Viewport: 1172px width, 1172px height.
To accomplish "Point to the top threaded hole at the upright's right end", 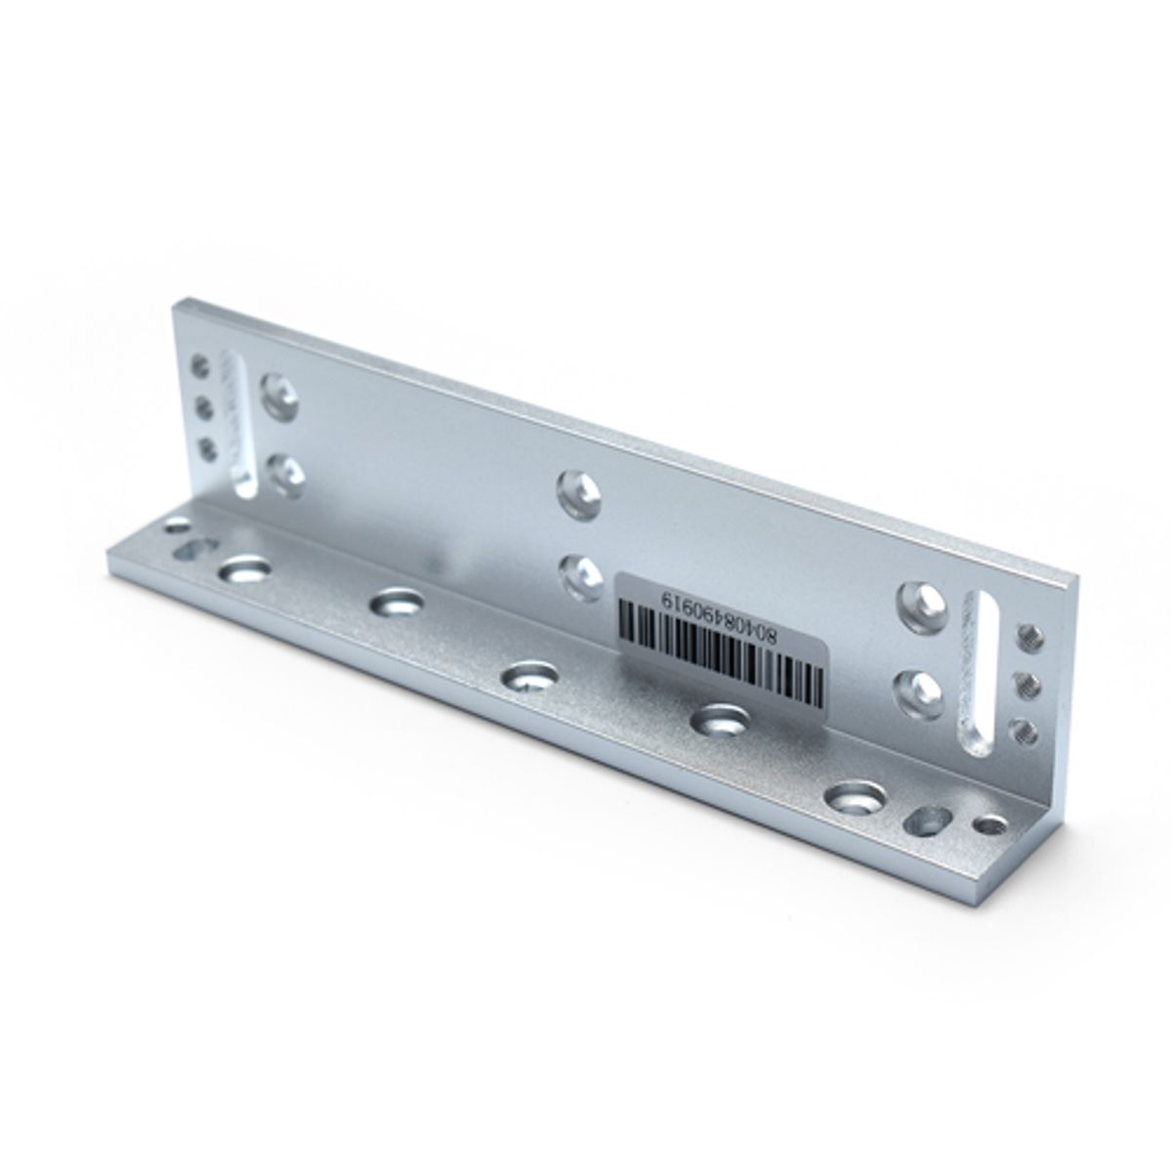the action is (1032, 638).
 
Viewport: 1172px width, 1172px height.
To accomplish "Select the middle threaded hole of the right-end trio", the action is (1028, 683).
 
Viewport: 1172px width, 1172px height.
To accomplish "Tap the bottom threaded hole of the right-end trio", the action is (1025, 730).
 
